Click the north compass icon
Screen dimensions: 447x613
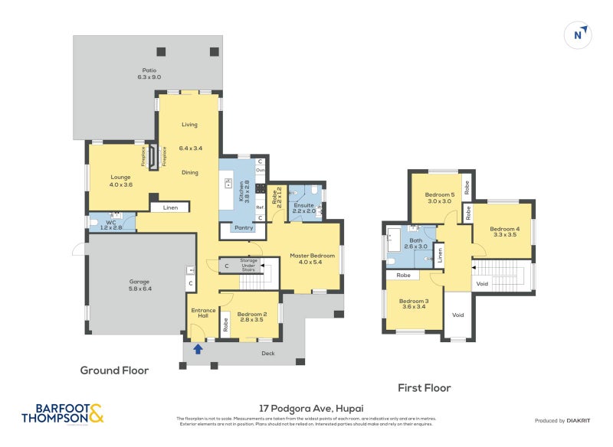pos(579,34)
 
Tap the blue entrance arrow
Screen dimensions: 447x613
pos(198,349)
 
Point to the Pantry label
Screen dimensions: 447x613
pos(244,227)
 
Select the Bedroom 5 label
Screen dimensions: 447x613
pos(440,197)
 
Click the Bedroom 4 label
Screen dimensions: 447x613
pos(505,232)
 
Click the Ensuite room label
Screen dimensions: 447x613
pos(304,207)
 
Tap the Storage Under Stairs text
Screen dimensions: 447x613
pos(248,265)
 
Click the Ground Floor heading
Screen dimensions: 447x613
pos(114,370)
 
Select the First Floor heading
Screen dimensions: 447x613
pos(424,388)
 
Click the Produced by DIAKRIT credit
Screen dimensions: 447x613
pos(566,420)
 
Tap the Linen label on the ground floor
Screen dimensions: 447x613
pos(170,207)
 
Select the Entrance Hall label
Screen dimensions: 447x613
pos(203,312)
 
